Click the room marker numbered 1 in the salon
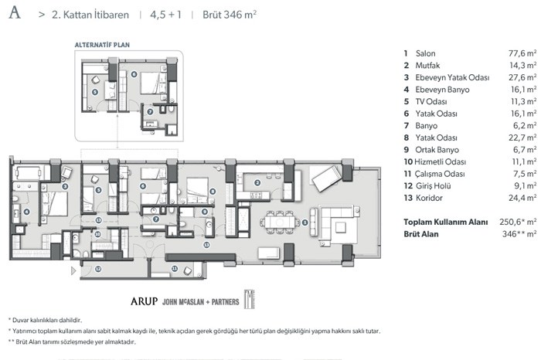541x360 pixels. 305,222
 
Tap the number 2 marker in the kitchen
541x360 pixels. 257,183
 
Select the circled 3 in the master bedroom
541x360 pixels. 65,186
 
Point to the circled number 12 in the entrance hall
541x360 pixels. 98,269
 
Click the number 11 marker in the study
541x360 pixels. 175,268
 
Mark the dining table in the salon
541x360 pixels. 280,222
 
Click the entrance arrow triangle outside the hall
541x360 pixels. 73,270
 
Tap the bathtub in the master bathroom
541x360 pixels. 29,173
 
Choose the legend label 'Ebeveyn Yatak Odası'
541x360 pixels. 452,77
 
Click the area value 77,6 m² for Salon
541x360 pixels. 522,53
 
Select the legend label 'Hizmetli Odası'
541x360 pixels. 440,162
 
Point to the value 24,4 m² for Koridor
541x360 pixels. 522,198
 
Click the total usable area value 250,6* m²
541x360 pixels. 518,222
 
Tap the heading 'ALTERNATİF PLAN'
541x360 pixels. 102,45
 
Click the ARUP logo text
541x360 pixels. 144,301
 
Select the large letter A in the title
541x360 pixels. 15,13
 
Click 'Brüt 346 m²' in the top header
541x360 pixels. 230,15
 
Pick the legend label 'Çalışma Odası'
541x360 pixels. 440,174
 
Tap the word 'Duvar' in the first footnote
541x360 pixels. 20,321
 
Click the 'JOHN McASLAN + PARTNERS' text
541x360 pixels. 200,302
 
